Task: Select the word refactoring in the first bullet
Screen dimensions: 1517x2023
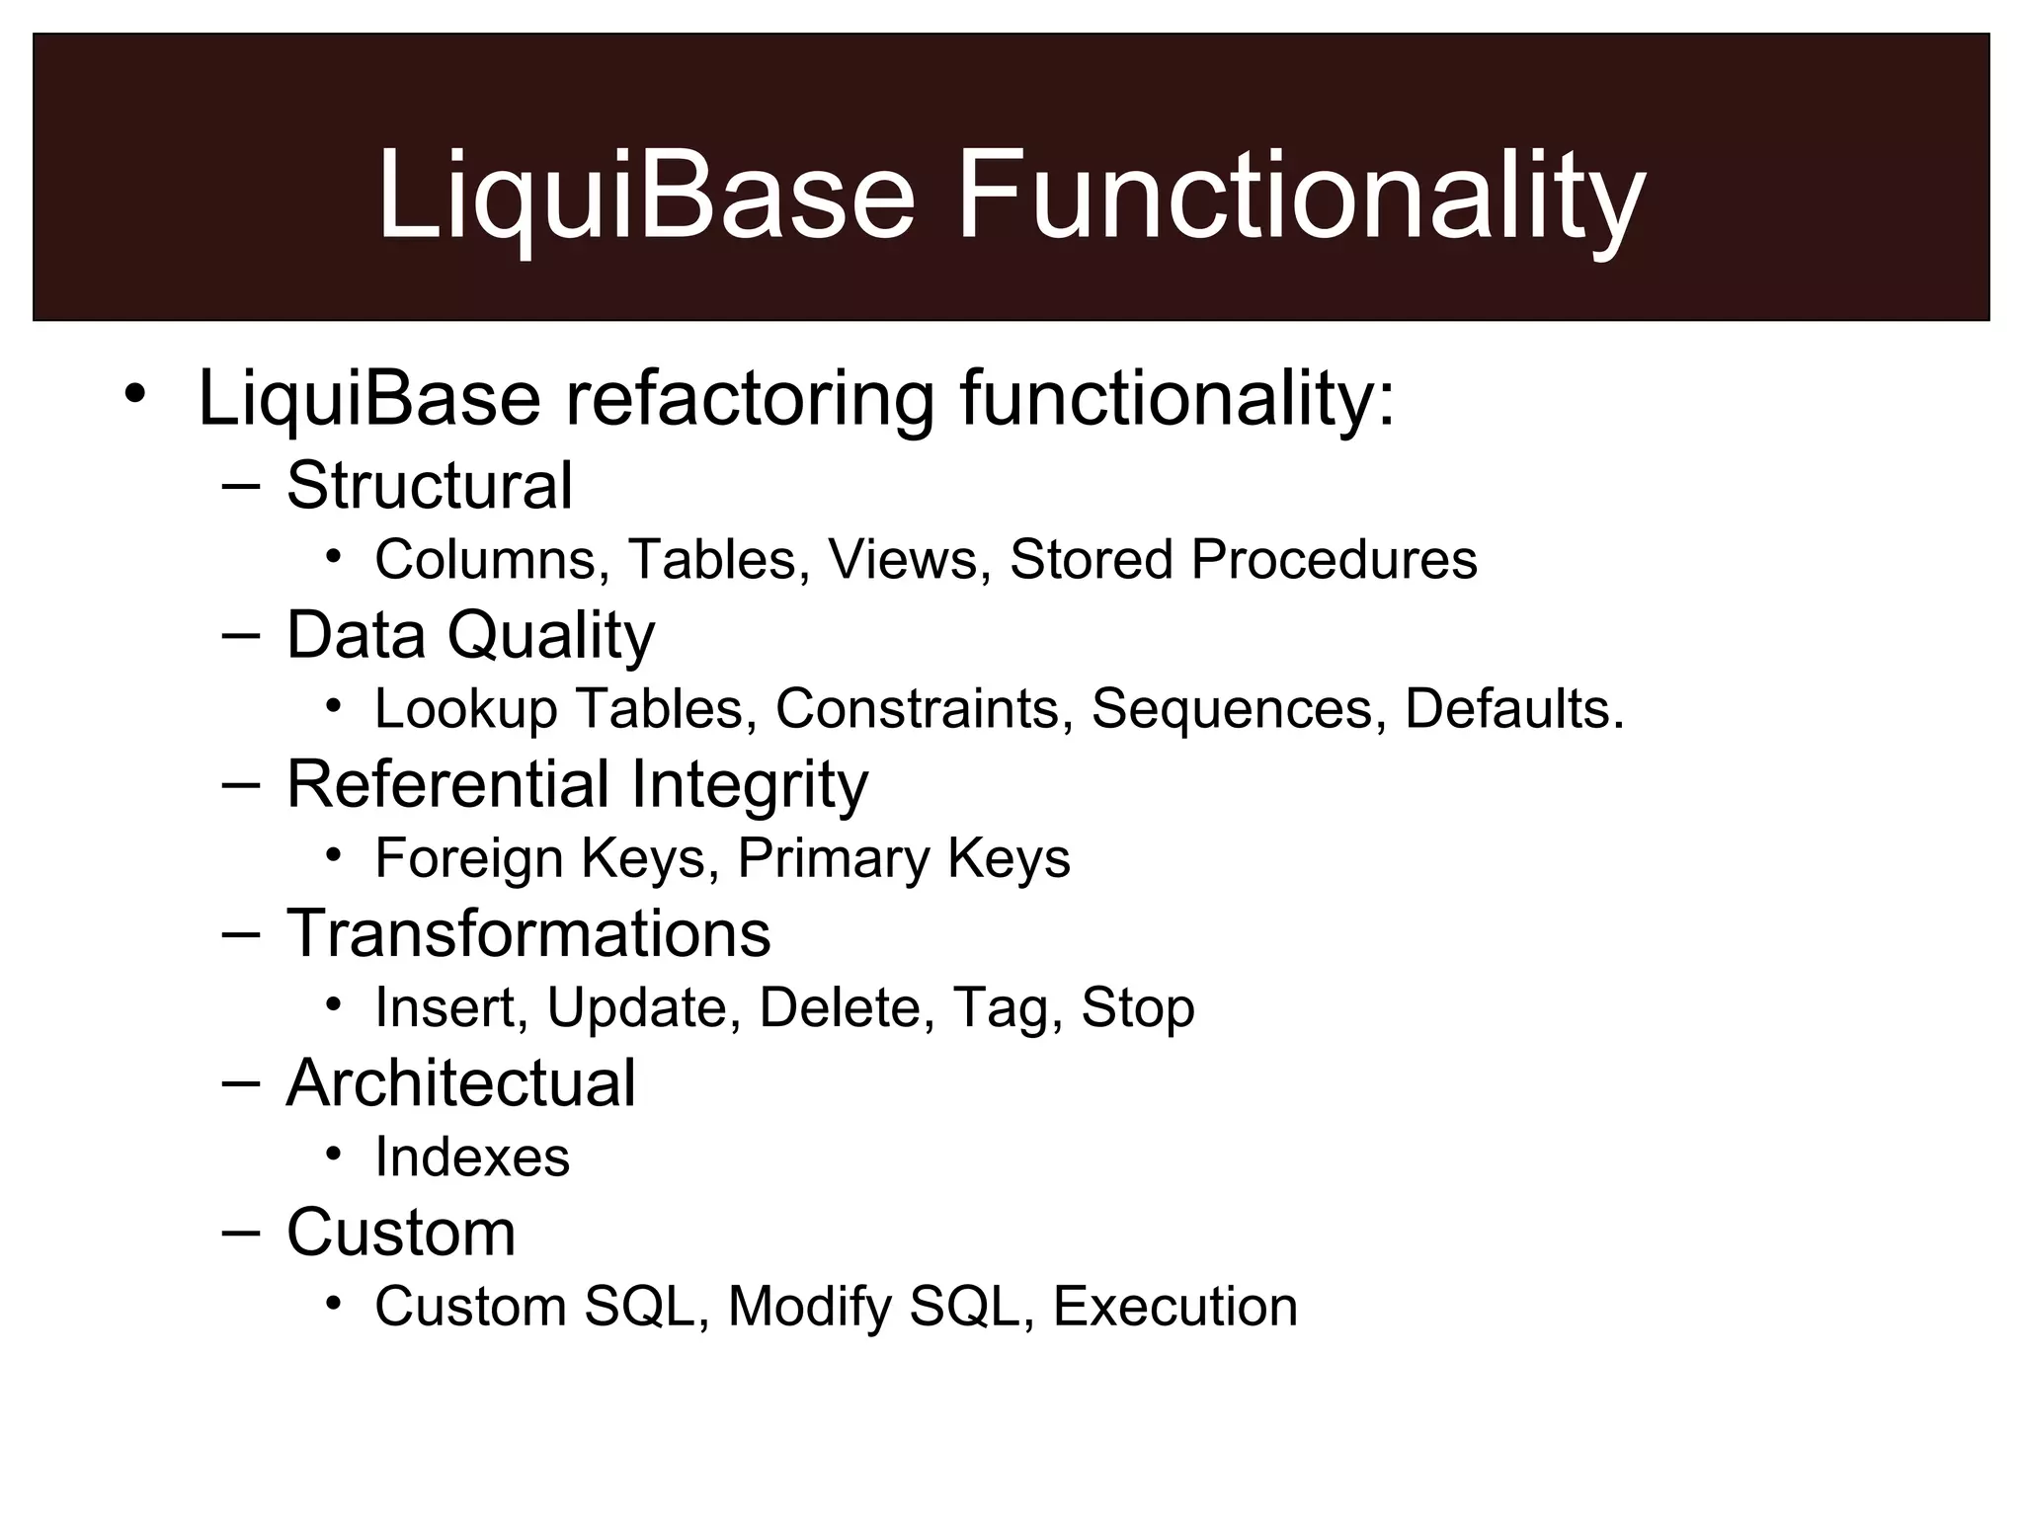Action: point(749,399)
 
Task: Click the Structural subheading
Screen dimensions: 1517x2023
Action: point(429,486)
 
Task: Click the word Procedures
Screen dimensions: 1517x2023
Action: point(1334,560)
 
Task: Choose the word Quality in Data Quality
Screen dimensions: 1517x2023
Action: point(550,635)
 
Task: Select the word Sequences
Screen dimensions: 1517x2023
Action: point(1232,709)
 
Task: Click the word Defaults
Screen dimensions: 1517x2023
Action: point(1513,709)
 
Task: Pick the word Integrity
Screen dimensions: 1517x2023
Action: point(749,785)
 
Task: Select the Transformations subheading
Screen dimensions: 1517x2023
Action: point(528,933)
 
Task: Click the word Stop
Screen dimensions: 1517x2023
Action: point(1138,1008)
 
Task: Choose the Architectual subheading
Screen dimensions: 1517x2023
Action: point(460,1083)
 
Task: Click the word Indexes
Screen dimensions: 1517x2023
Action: point(472,1158)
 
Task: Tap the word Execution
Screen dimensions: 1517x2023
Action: point(1175,1307)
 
